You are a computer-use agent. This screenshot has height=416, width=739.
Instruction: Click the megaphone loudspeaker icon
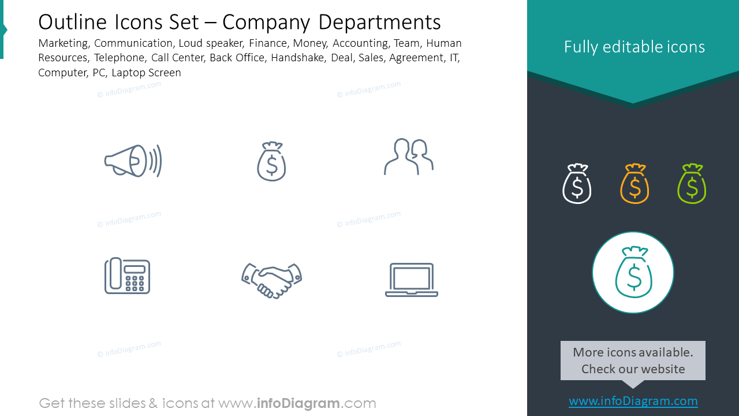[x=133, y=161]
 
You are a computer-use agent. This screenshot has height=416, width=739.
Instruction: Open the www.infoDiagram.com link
[x=633, y=401]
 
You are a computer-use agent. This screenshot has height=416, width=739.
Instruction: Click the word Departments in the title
[x=379, y=23]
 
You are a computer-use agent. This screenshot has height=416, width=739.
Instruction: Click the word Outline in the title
[x=73, y=23]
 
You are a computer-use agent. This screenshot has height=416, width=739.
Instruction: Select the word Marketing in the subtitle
[x=64, y=43]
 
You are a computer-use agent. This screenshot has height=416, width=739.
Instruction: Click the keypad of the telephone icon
[x=135, y=284]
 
